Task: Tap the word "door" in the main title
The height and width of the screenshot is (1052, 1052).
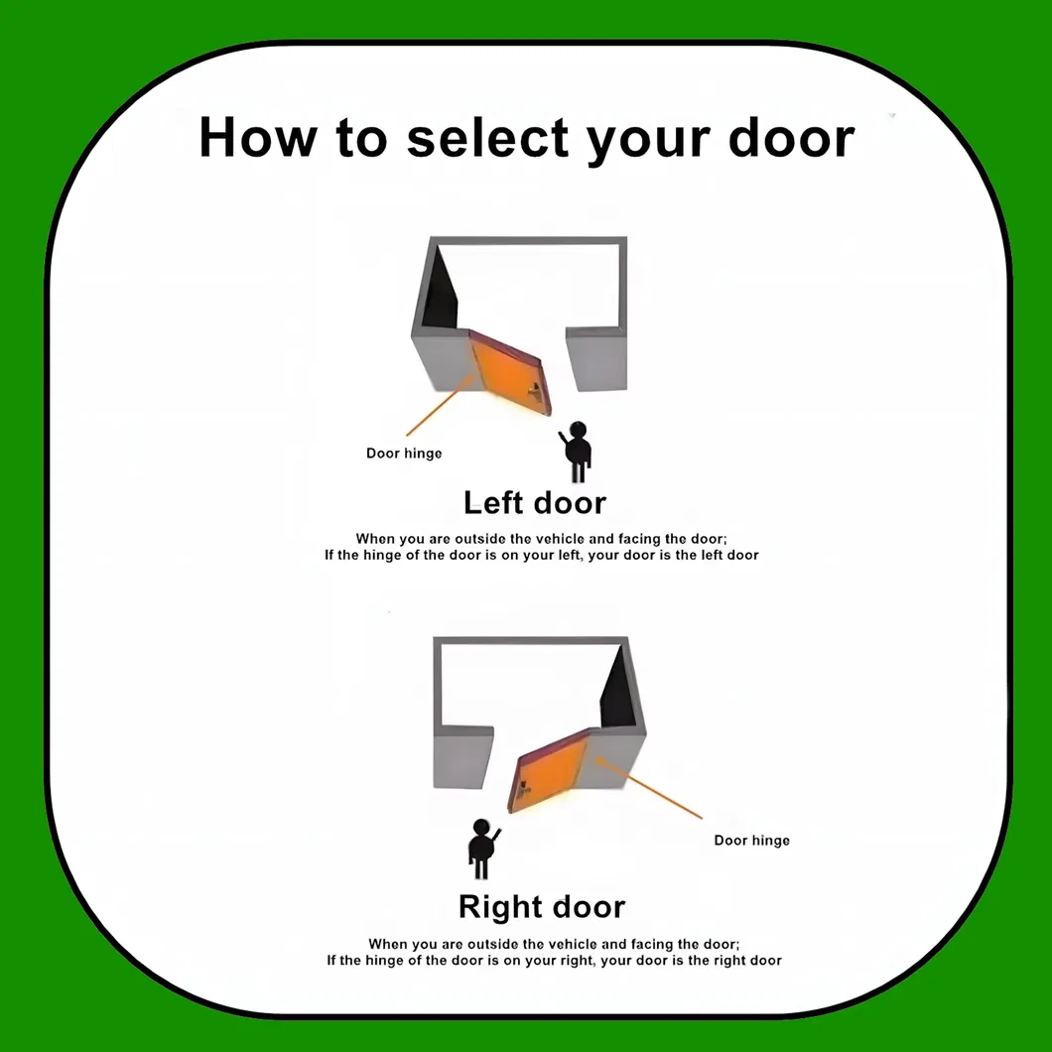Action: point(791,137)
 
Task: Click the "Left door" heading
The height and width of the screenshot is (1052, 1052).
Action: point(534,503)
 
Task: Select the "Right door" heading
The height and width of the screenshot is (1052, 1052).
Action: point(542,907)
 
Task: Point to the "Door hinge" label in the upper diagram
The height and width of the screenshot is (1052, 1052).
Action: point(404,454)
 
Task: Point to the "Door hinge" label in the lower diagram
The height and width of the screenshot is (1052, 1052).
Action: point(751,841)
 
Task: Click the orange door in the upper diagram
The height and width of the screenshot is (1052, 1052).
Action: point(506,372)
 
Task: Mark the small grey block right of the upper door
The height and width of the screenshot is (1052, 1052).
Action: point(595,359)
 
